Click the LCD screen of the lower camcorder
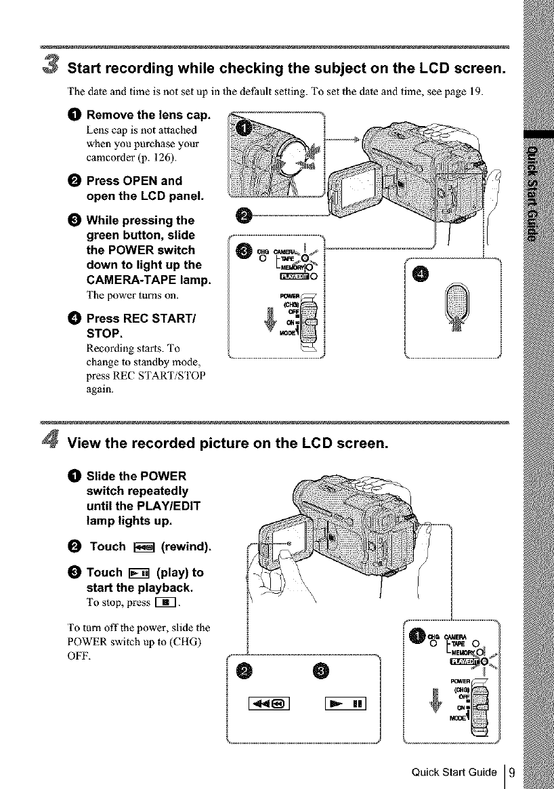[x=278, y=539]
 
